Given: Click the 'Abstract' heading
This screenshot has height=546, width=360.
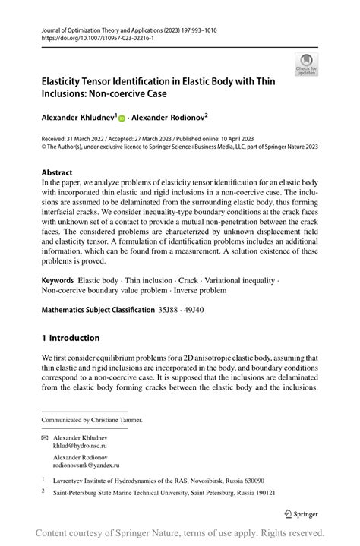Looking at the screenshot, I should pyautogui.click(x=57, y=172).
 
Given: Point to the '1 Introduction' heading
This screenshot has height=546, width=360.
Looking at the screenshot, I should pyautogui.click(x=71, y=337).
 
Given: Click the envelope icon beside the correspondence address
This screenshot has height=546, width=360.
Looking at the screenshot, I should pyautogui.click(x=45, y=439).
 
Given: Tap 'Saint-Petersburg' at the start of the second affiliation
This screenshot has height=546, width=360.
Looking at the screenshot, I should pyautogui.click(x=79, y=492).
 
